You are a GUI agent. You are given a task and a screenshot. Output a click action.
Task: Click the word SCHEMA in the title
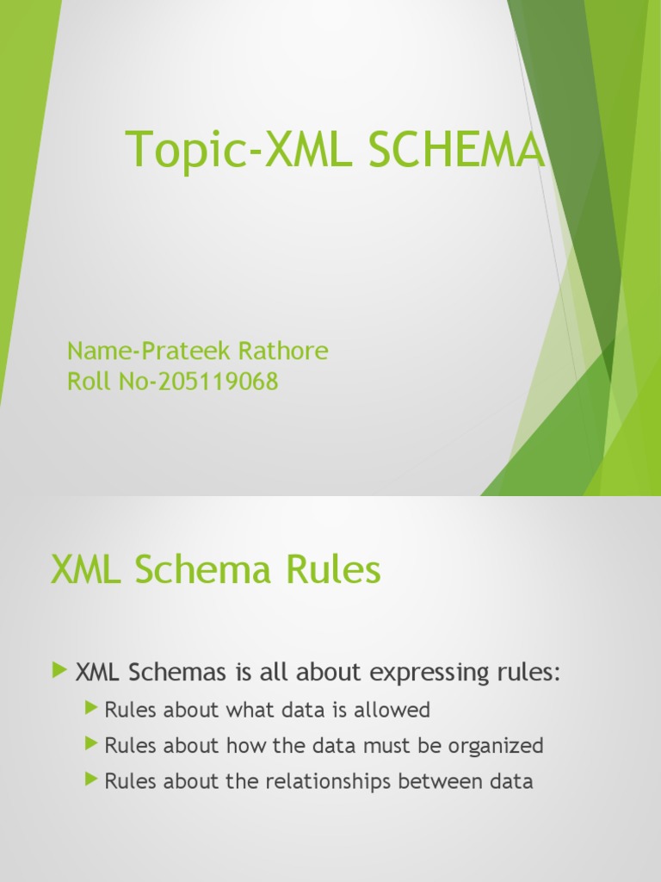pos(456,148)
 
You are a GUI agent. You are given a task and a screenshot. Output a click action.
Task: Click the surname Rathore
pos(282,351)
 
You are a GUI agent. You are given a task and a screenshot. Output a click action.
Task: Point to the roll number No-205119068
pos(199,382)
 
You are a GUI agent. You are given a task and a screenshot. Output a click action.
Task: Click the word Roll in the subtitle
pos(89,382)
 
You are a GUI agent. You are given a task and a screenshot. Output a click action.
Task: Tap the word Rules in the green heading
pos(333,568)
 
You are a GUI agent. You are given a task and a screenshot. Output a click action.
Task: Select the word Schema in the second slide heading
pos(202,568)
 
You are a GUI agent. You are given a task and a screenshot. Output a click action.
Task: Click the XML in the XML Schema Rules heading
pos(85,568)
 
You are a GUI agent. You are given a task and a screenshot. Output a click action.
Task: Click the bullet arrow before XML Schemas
pos(59,670)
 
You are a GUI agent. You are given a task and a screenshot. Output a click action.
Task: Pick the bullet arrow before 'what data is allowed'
pos(91,708)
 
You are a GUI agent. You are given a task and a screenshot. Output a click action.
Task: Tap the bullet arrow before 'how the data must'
pos(91,743)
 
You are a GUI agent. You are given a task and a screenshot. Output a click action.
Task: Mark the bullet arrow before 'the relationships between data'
pos(91,779)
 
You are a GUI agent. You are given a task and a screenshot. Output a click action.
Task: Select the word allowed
pos(392,710)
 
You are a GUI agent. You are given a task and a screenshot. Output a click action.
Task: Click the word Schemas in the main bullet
pos(176,672)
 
